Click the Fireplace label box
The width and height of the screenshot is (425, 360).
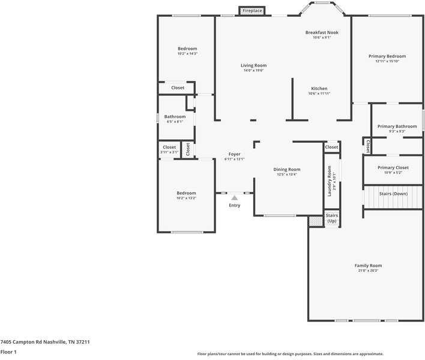tap(252, 11)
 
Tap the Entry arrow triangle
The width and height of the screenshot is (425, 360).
tap(235, 197)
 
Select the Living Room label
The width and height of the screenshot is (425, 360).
tap(253, 65)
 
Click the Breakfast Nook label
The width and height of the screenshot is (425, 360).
tap(321, 32)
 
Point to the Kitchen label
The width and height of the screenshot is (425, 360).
tap(319, 88)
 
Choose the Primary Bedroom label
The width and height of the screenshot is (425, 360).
tap(387, 56)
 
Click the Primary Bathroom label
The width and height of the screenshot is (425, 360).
tap(397, 127)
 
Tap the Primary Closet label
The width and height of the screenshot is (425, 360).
tap(393, 168)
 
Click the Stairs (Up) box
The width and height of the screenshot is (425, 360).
tap(331, 217)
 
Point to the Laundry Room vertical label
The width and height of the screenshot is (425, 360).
tap(330, 181)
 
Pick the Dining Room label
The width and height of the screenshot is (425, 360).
tap(286, 170)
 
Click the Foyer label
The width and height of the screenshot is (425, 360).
tap(234, 154)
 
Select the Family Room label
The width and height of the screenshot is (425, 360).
tap(368, 265)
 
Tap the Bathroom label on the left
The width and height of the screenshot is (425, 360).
tap(175, 116)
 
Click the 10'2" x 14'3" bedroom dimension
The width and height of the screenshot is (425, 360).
tap(187, 54)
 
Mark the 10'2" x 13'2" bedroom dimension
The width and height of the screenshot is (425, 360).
tap(186, 198)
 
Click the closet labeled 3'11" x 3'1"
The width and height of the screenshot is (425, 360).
tap(169, 152)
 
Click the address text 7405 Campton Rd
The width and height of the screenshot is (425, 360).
tap(45, 341)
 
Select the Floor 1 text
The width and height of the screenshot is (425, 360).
tap(8, 352)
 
